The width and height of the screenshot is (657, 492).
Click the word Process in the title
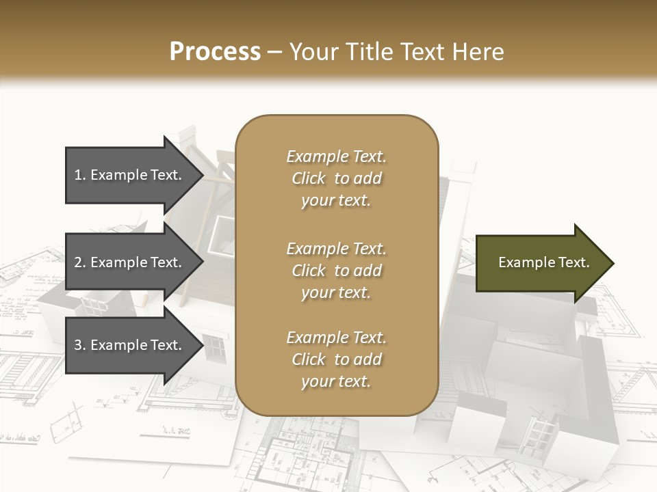215,51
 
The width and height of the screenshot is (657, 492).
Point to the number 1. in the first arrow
80,175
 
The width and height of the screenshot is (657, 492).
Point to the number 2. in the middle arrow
80,262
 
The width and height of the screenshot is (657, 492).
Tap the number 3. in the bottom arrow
80,345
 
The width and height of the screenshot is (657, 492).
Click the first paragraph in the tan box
336,178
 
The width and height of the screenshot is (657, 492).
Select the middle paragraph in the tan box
336,270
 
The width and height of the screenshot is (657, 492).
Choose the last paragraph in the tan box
336,359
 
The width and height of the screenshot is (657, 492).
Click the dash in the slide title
275,51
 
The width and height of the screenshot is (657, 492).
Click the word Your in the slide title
313,51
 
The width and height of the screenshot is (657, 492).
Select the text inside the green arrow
543,262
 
